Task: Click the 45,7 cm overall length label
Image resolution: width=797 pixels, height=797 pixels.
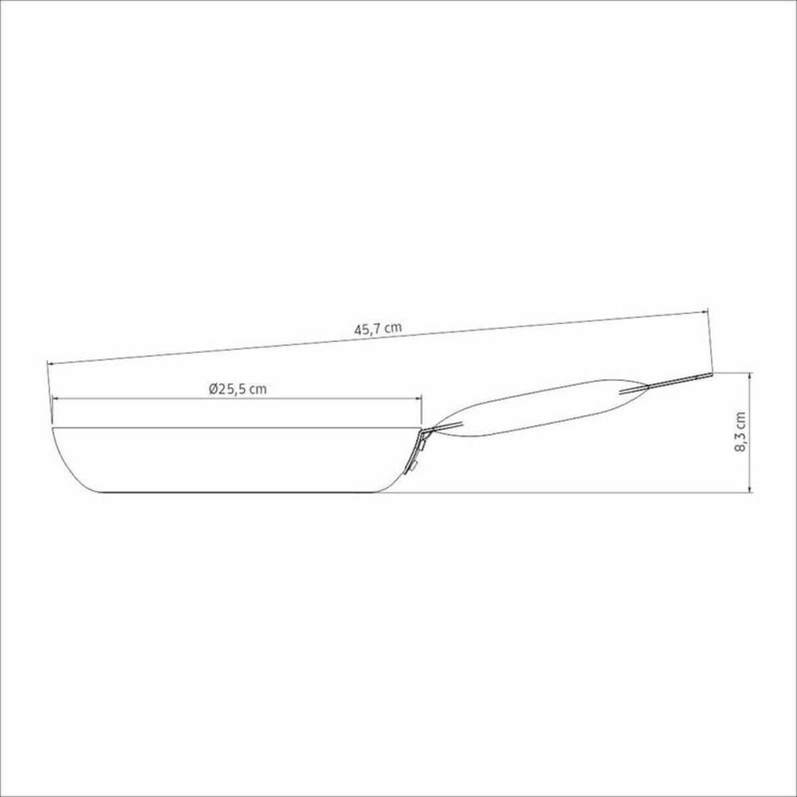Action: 378,328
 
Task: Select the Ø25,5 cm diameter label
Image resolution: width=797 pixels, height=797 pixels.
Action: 238,389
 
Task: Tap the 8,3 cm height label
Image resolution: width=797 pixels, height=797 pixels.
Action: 740,431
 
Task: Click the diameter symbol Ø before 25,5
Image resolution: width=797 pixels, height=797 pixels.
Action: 213,389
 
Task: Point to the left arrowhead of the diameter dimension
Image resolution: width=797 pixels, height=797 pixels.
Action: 56,399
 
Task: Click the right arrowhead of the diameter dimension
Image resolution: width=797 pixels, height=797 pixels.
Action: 418,399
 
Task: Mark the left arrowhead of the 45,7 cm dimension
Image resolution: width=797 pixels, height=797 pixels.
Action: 50,363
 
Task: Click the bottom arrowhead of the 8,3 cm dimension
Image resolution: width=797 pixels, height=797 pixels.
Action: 750,489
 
